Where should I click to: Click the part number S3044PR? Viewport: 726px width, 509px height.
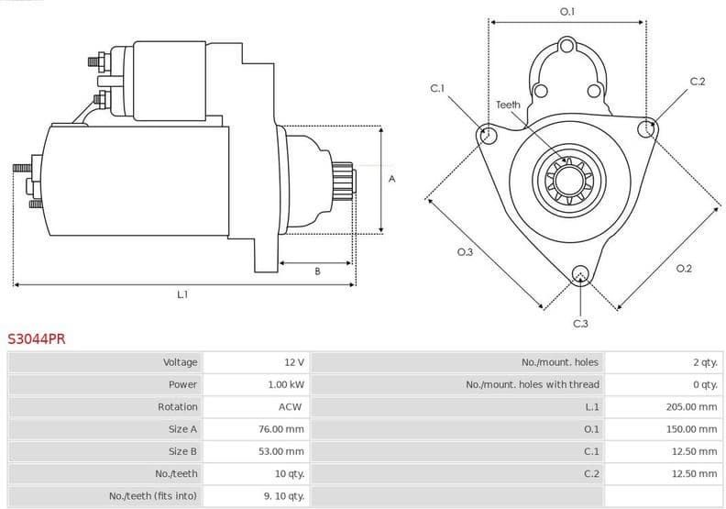tap(37, 338)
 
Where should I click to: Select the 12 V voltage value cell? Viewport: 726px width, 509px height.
tap(293, 362)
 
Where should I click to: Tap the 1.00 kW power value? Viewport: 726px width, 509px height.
tap(286, 384)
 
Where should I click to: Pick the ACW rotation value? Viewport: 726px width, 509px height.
tap(291, 406)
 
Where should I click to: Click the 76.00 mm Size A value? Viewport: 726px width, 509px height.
tap(281, 429)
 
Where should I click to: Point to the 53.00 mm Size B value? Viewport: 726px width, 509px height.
tap(281, 451)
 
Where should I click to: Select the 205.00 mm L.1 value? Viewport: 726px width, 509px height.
tap(691, 406)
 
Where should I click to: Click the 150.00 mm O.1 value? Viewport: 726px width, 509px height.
tap(691, 429)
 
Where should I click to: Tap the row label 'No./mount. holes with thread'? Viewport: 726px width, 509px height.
tap(533, 384)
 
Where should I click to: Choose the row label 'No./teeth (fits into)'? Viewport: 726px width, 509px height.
tap(153, 496)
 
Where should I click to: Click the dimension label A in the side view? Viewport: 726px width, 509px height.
tap(391, 179)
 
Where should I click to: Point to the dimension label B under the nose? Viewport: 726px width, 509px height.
tap(317, 271)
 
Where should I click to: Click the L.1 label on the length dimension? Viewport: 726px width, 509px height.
tap(182, 294)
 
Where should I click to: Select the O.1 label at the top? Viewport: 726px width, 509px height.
tap(566, 12)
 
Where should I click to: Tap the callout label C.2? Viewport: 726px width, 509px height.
tap(698, 82)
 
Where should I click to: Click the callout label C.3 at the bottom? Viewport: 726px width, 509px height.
tap(580, 323)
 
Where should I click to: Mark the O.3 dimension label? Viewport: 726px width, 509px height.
tap(465, 251)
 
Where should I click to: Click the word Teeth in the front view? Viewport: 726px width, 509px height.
tap(508, 105)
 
